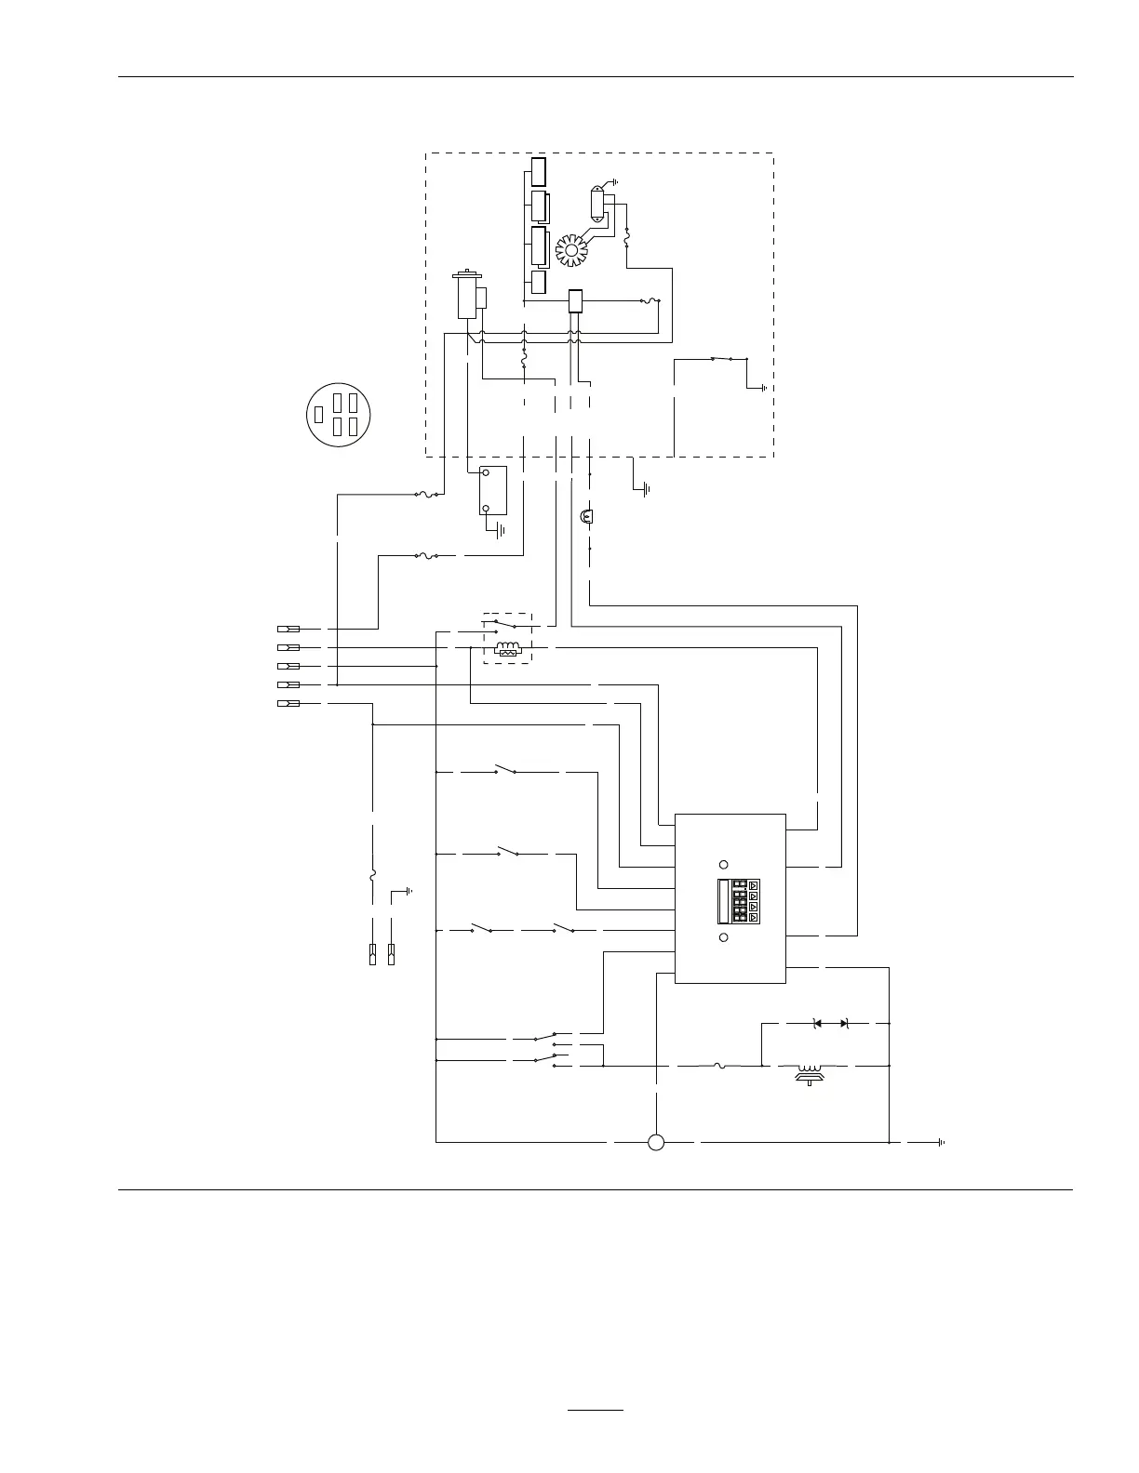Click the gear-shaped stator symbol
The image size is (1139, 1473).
571,250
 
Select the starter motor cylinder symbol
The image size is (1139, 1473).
465,295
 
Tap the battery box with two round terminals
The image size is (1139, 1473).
492,490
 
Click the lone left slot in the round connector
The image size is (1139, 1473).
319,414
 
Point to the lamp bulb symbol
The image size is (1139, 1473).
588,515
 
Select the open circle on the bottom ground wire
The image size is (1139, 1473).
656,1142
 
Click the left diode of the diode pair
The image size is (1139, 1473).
818,1023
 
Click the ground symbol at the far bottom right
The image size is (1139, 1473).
942,1142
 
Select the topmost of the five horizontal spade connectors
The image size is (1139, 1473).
288,630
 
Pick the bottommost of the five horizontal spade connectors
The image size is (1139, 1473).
288,704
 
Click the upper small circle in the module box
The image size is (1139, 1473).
724,864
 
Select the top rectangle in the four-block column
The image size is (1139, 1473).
538,173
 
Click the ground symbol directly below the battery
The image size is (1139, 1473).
501,531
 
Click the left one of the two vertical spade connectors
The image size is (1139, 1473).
372,954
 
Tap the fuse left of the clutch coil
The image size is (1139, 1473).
720,1066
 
